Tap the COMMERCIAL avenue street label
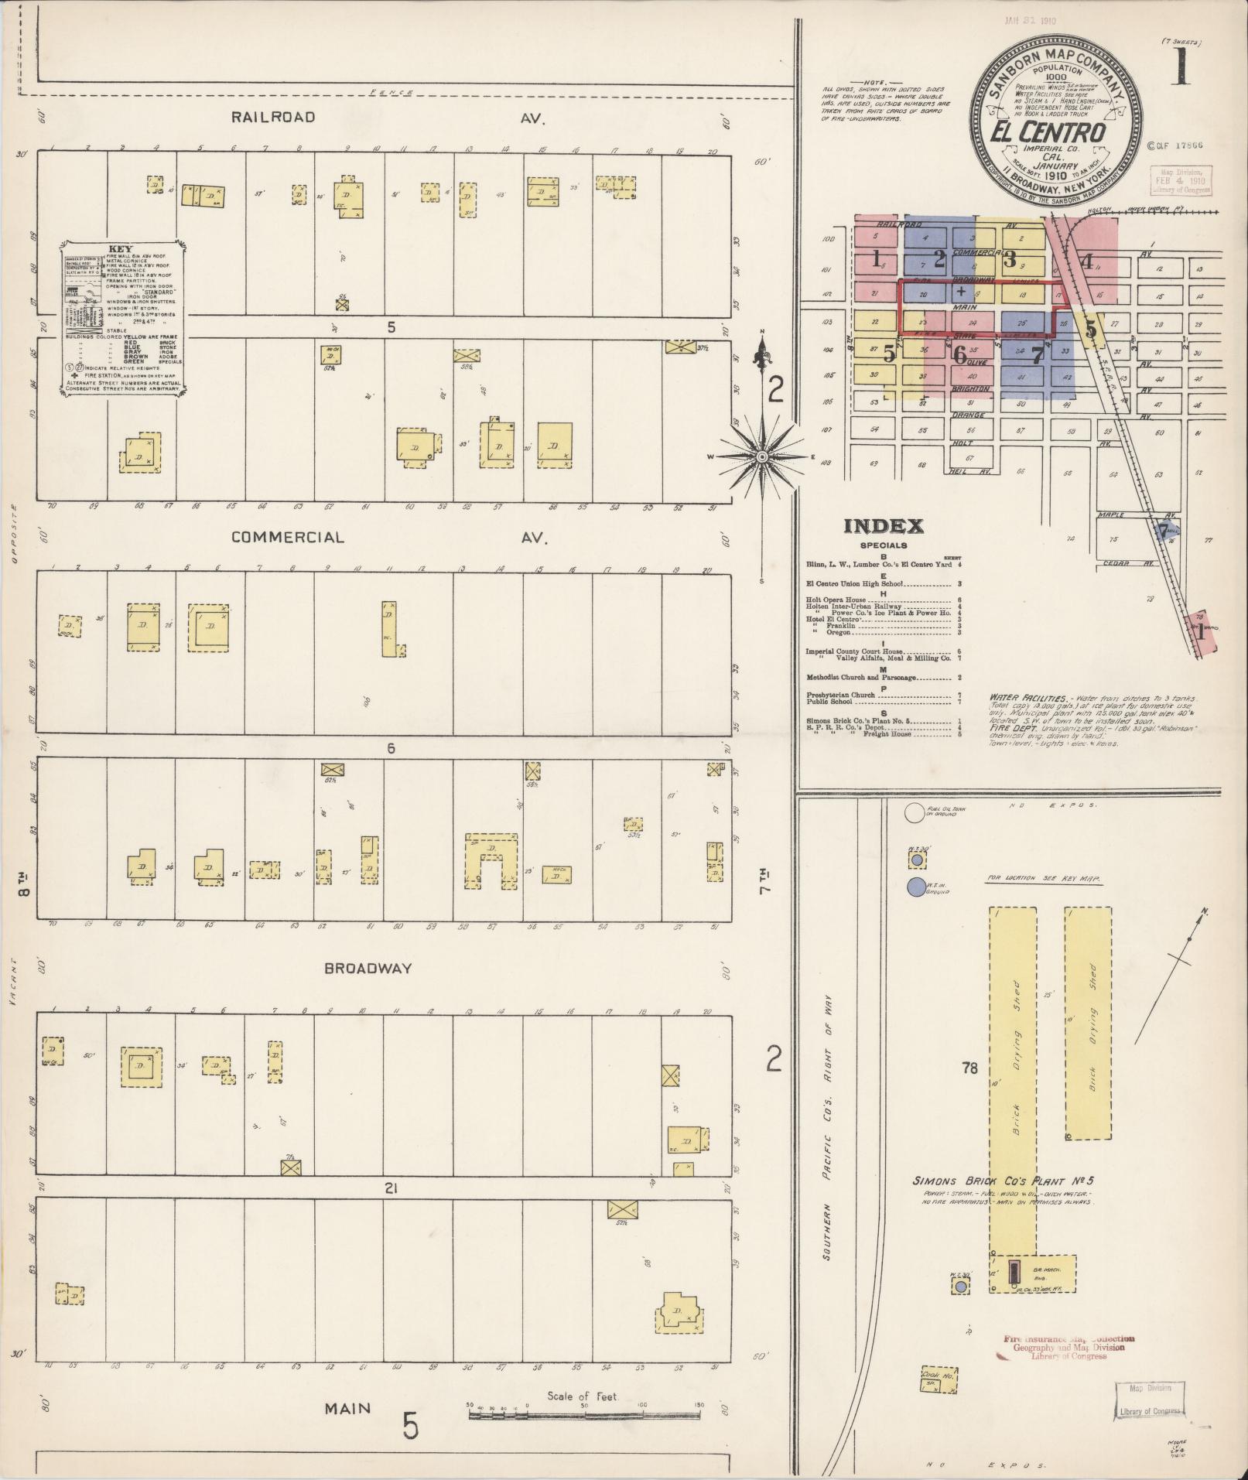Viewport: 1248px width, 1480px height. [x=287, y=538]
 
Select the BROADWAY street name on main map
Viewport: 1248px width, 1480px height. [x=368, y=968]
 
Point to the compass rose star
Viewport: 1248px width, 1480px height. [x=763, y=458]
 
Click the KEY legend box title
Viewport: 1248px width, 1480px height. [x=122, y=248]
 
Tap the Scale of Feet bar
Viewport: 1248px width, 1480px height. [x=584, y=1415]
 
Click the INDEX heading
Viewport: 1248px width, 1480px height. [x=883, y=527]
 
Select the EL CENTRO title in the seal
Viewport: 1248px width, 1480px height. [x=1048, y=133]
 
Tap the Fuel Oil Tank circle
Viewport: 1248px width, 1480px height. [x=915, y=812]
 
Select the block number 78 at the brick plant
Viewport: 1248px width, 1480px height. [x=969, y=1069]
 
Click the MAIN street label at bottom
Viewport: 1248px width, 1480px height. [x=347, y=1408]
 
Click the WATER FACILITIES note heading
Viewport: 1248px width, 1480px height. [x=1018, y=697]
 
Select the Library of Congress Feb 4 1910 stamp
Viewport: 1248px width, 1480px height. [x=1174, y=183]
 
